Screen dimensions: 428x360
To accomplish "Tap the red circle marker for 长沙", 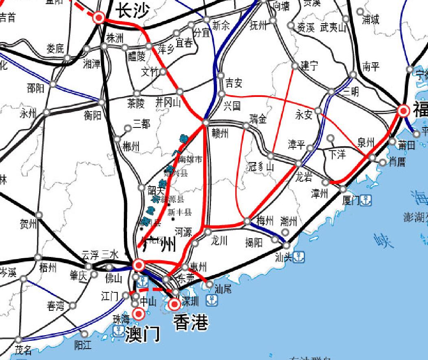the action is [99, 18].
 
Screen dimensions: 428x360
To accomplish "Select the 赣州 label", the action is [220, 133].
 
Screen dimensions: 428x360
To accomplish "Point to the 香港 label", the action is [191, 323].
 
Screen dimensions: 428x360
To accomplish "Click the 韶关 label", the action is [156, 190].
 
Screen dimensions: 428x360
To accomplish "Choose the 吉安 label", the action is [234, 83].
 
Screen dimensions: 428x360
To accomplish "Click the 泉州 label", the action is [365, 143].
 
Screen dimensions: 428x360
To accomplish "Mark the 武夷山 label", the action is [333, 28].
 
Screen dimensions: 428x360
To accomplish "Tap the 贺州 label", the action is [28, 224].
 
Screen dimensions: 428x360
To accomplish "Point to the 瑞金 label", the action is [258, 119].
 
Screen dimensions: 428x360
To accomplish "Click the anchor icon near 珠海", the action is [118, 331].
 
